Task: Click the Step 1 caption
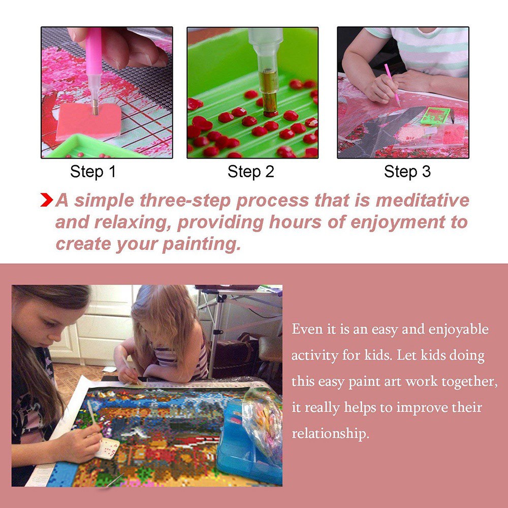(x=93, y=172)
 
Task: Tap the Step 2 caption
(x=251, y=172)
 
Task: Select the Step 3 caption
(x=407, y=172)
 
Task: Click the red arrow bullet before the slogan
(x=47, y=200)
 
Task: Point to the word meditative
(x=422, y=200)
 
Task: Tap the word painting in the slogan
(x=202, y=245)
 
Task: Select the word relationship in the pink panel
(x=331, y=433)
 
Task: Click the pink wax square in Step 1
(x=88, y=121)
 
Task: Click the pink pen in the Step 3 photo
(x=392, y=85)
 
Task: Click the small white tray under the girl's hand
(x=107, y=449)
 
